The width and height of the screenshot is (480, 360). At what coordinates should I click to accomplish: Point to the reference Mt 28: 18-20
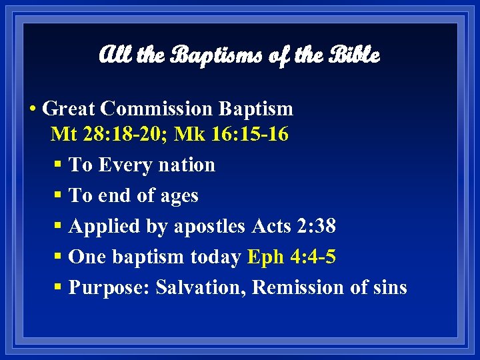pos(107,134)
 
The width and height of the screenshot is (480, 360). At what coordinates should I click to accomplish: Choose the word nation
pos(191,165)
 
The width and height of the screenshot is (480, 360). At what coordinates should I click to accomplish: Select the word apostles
pos(210,227)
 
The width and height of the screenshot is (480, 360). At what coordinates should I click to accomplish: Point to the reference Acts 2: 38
pos(294,227)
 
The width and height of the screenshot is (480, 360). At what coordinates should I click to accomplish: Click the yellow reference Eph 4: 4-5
pos(291,257)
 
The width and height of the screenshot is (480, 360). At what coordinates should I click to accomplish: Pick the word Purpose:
pos(109,288)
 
